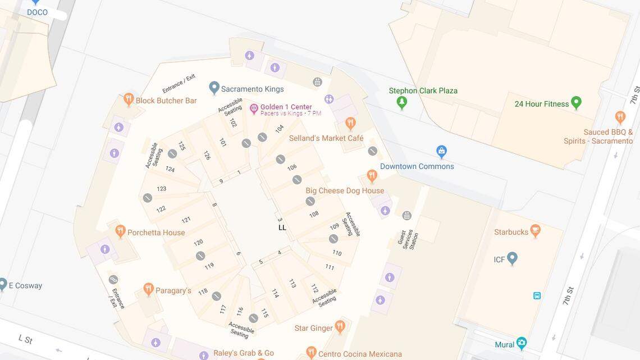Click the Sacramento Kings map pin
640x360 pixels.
(214, 88)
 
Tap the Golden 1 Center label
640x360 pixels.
(286, 107)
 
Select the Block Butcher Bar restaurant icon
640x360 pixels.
(129, 100)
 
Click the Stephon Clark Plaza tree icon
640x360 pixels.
(401, 102)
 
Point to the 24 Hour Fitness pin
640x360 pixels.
(575, 103)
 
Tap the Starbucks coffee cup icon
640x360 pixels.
(536, 230)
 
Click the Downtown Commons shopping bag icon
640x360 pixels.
(442, 152)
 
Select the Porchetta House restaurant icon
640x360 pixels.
(120, 231)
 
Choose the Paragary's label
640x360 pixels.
(173, 290)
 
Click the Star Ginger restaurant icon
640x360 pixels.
(340, 326)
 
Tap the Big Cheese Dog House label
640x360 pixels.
(344, 190)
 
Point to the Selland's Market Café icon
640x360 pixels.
(350, 123)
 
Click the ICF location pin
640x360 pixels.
(512, 258)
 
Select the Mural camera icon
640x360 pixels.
(522, 343)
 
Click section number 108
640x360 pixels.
(314, 214)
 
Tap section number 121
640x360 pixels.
(186, 220)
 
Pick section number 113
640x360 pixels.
(292, 283)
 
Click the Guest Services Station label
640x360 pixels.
(408, 239)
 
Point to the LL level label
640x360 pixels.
(282, 227)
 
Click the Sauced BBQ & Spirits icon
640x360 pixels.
(620, 117)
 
